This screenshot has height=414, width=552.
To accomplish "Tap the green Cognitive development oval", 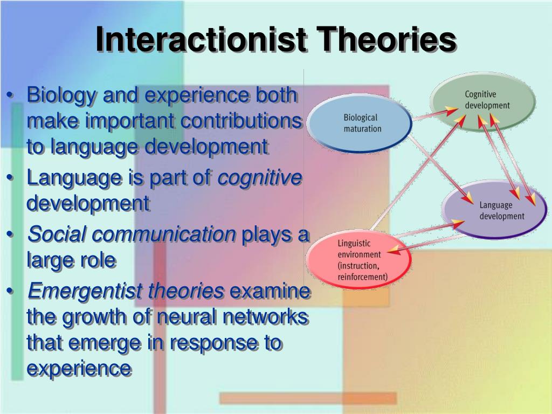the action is (x=482, y=100).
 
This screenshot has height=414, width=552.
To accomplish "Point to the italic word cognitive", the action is (x=259, y=178).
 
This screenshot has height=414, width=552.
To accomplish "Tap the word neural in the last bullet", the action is (x=182, y=318).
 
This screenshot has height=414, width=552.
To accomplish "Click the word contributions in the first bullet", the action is (x=240, y=121).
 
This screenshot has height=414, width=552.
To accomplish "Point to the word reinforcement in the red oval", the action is (x=362, y=277).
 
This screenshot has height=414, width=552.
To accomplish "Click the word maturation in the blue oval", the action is (x=362, y=128).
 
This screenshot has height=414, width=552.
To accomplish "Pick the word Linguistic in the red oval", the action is (x=355, y=243).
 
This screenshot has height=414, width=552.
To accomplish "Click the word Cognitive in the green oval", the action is (x=480, y=94).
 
